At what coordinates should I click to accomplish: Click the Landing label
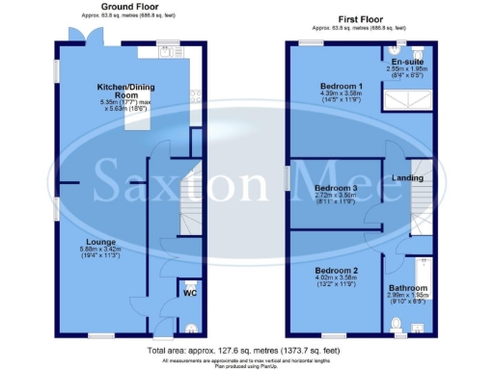407,178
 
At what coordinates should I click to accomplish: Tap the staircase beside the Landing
421,205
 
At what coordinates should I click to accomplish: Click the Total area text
246,348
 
